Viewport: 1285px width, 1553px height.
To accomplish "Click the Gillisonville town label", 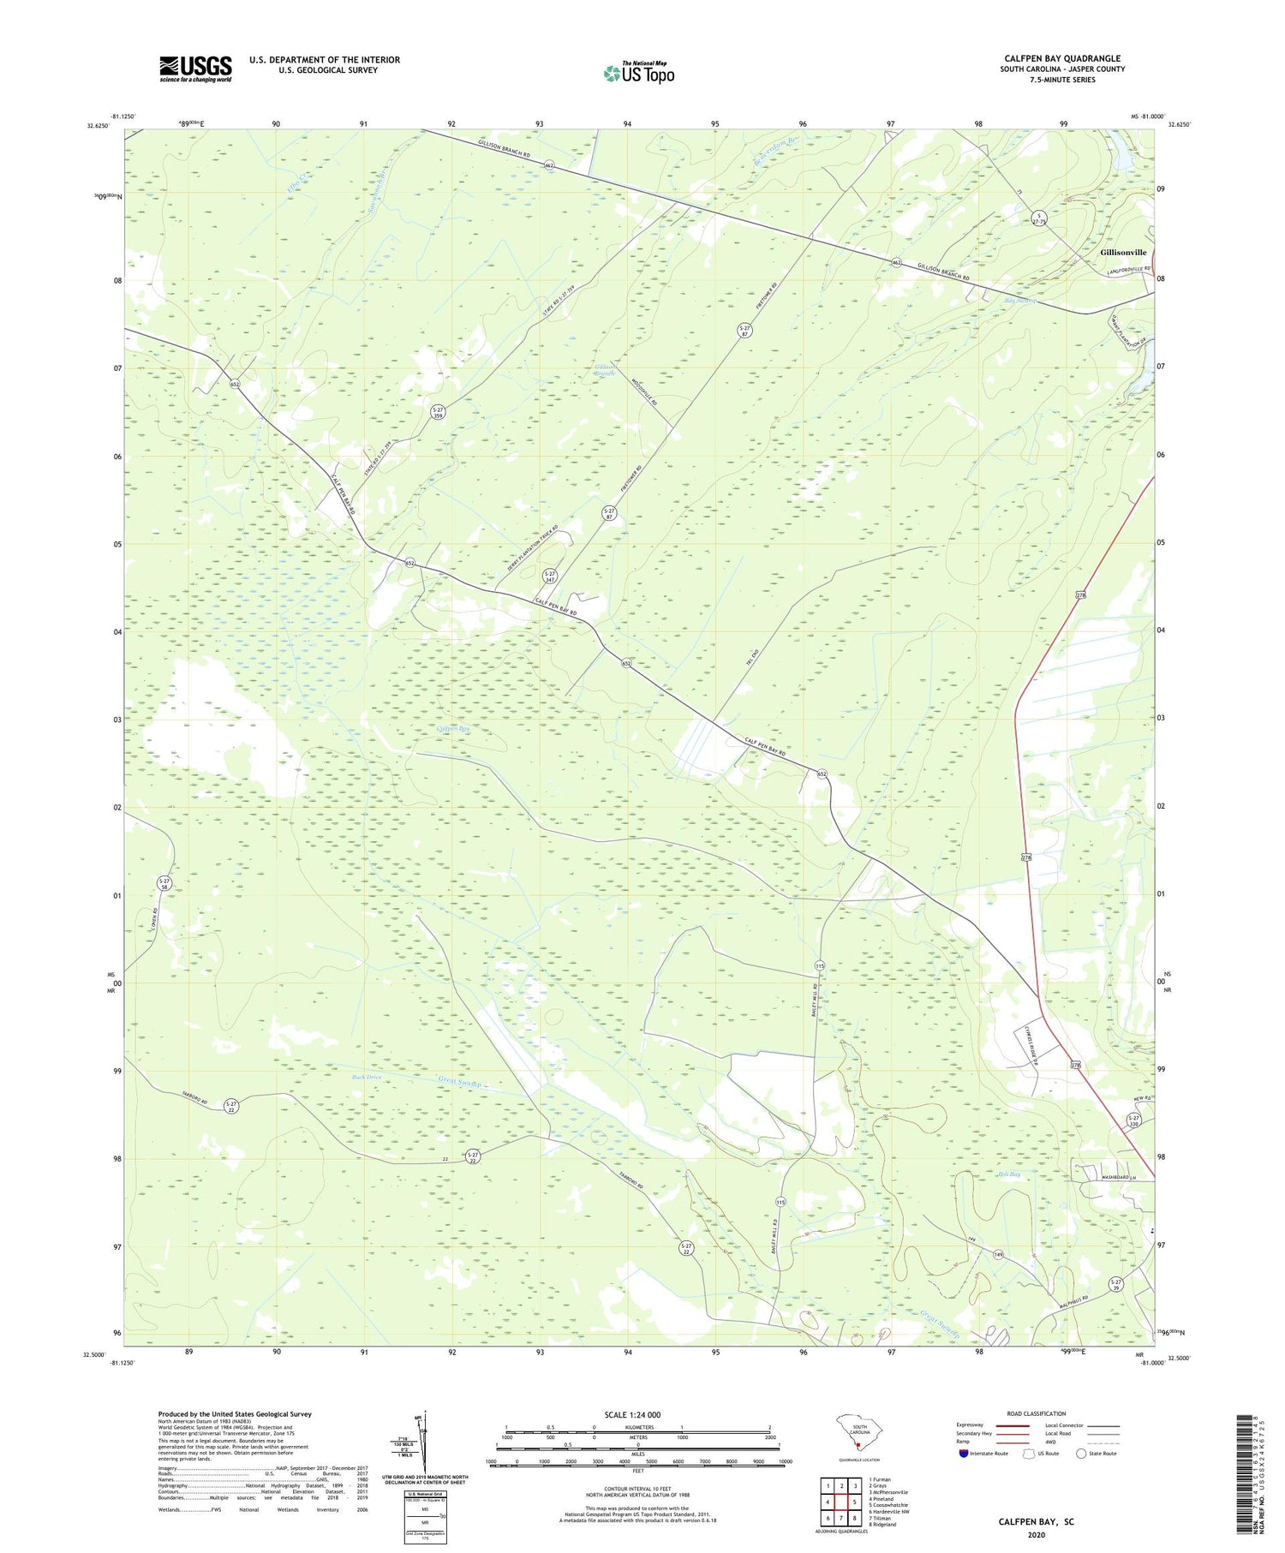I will tap(1123, 253).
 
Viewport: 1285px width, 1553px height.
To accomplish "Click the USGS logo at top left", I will tap(195, 69).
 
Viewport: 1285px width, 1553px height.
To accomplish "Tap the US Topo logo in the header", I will tap(639, 74).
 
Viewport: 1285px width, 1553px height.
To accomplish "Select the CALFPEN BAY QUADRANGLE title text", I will tap(1062, 58).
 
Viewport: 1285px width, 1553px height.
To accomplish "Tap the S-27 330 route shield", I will tap(1133, 1121).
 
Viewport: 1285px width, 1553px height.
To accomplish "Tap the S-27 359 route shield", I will tap(438, 413).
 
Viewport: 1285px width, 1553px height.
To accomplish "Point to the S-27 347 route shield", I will tap(551, 576).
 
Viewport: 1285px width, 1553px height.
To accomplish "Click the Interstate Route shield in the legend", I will tap(964, 1454).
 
